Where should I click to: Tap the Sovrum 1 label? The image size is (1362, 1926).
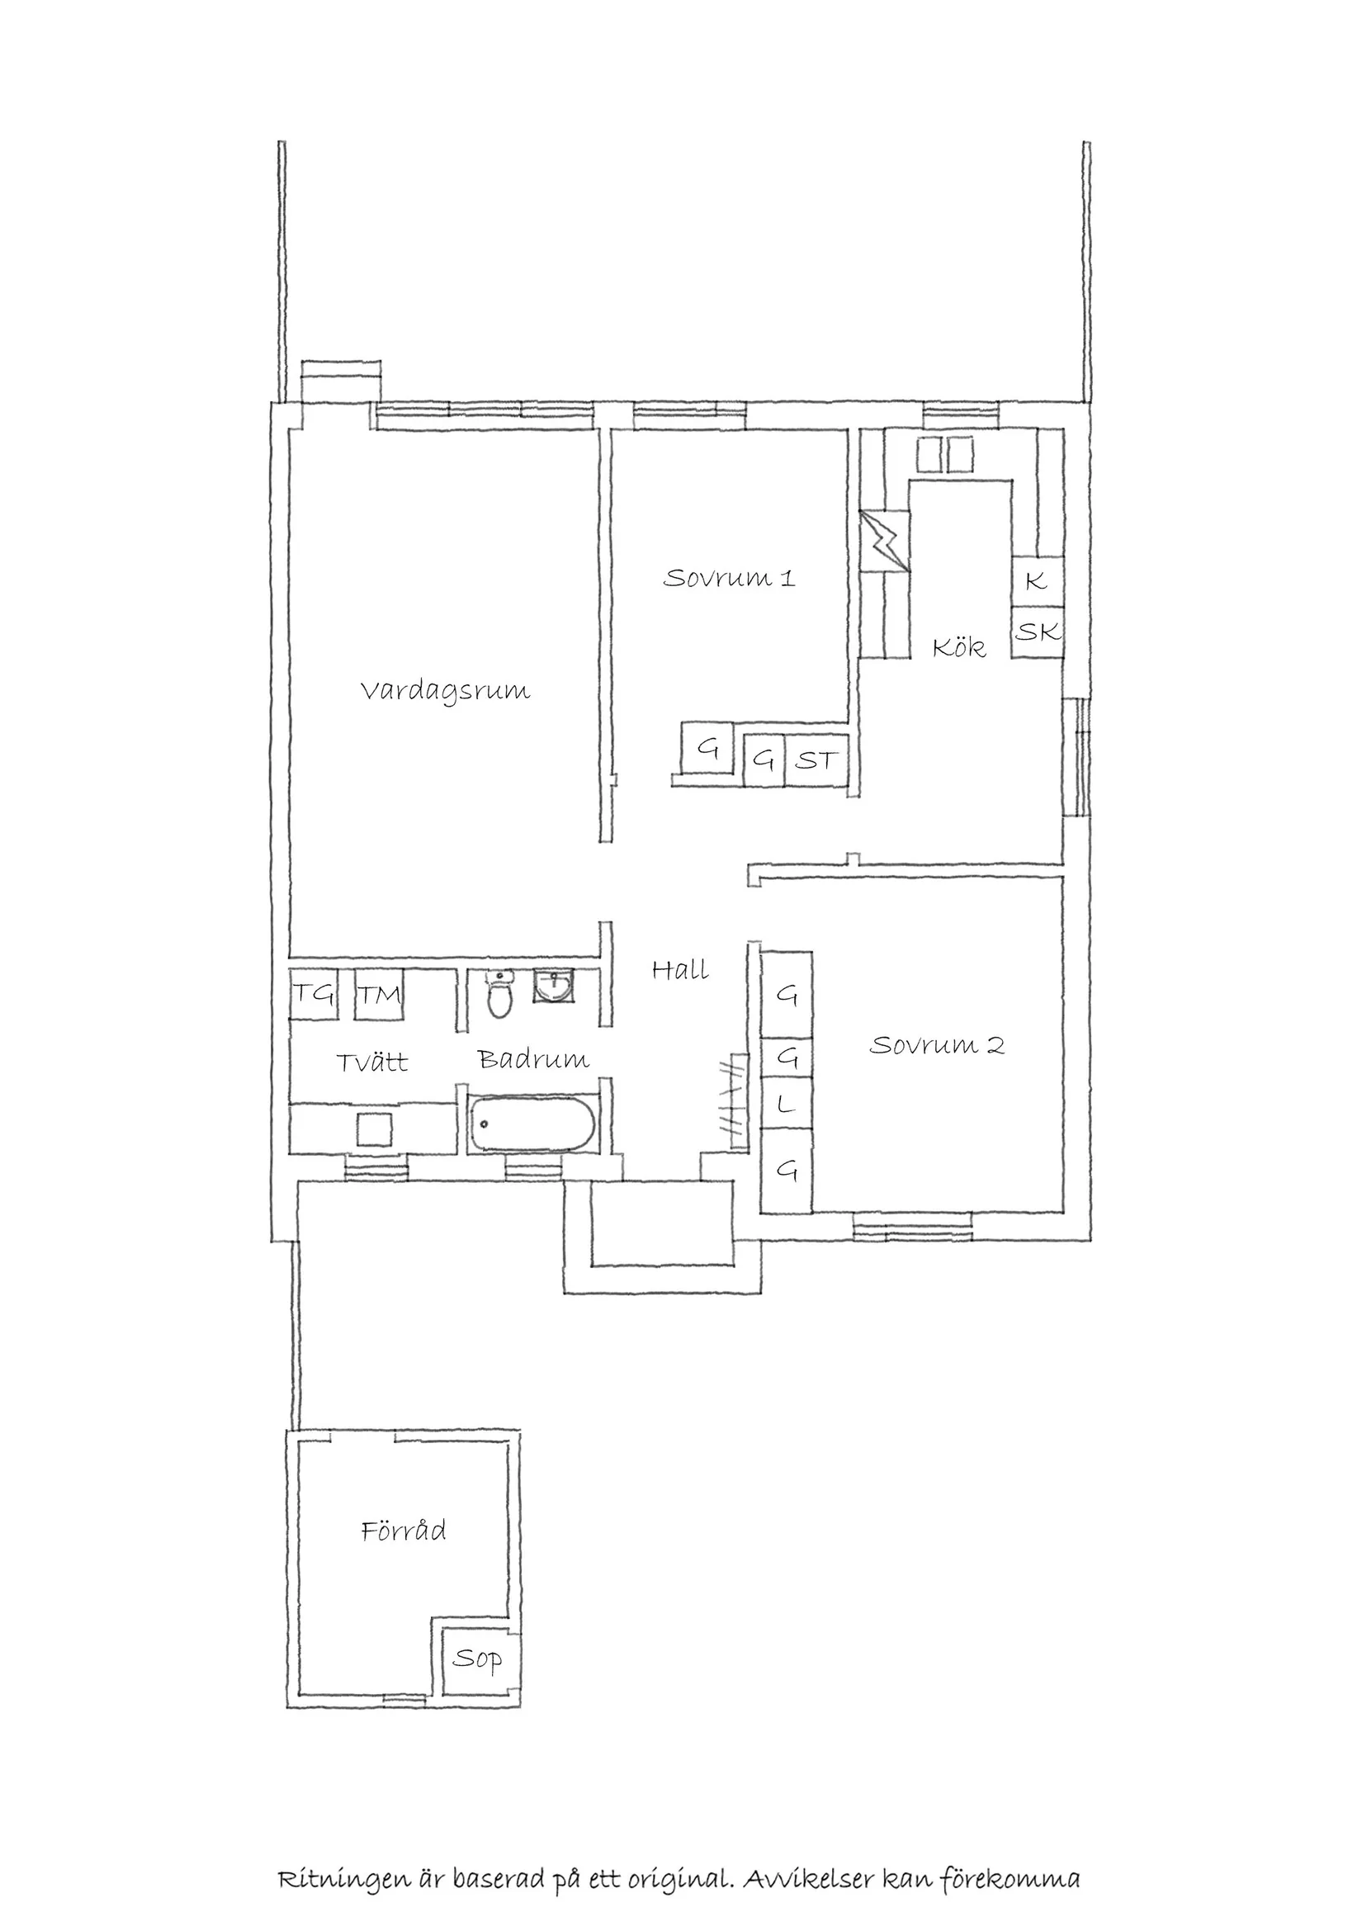(x=728, y=578)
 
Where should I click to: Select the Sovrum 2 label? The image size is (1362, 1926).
(x=936, y=1045)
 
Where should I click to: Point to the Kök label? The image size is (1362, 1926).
(x=958, y=646)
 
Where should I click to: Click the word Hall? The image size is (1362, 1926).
(x=679, y=971)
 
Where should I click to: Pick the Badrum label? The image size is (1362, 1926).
(x=533, y=1059)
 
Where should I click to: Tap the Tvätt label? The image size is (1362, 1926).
(x=371, y=1062)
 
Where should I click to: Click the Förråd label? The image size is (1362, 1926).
(x=404, y=1531)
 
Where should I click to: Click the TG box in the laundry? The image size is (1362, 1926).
(x=313, y=995)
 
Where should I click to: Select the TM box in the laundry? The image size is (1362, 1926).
(x=379, y=995)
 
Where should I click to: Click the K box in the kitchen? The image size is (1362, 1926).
(x=1037, y=580)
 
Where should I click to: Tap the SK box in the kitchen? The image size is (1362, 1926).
(x=1038, y=632)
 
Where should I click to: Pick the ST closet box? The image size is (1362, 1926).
(x=816, y=760)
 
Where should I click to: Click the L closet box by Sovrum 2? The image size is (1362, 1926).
(x=786, y=1105)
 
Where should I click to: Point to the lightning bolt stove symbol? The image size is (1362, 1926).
(x=885, y=541)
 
